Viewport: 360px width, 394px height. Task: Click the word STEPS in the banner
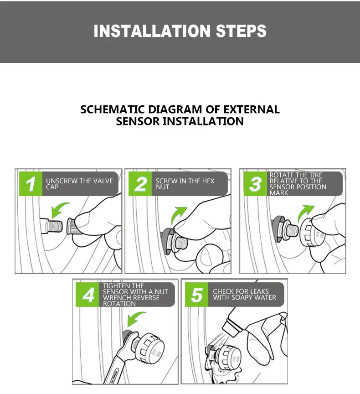tap(241, 31)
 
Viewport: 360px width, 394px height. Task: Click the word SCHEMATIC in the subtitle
tap(113, 109)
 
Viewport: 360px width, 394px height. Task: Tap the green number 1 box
tap(31, 184)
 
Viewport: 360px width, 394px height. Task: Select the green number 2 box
tap(140, 184)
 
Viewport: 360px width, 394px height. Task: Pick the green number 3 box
tap(255, 184)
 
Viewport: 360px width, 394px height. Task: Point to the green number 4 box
tap(87, 295)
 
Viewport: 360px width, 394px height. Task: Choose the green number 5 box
tap(196, 295)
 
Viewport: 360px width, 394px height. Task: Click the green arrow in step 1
tap(58, 209)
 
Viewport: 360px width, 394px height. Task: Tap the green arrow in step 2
tap(178, 214)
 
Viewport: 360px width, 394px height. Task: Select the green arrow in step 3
tap(305, 213)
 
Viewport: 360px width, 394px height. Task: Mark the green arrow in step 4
tap(135, 318)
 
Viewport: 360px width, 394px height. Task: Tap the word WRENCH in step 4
tap(115, 298)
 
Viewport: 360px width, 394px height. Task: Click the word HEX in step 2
tap(209, 181)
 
